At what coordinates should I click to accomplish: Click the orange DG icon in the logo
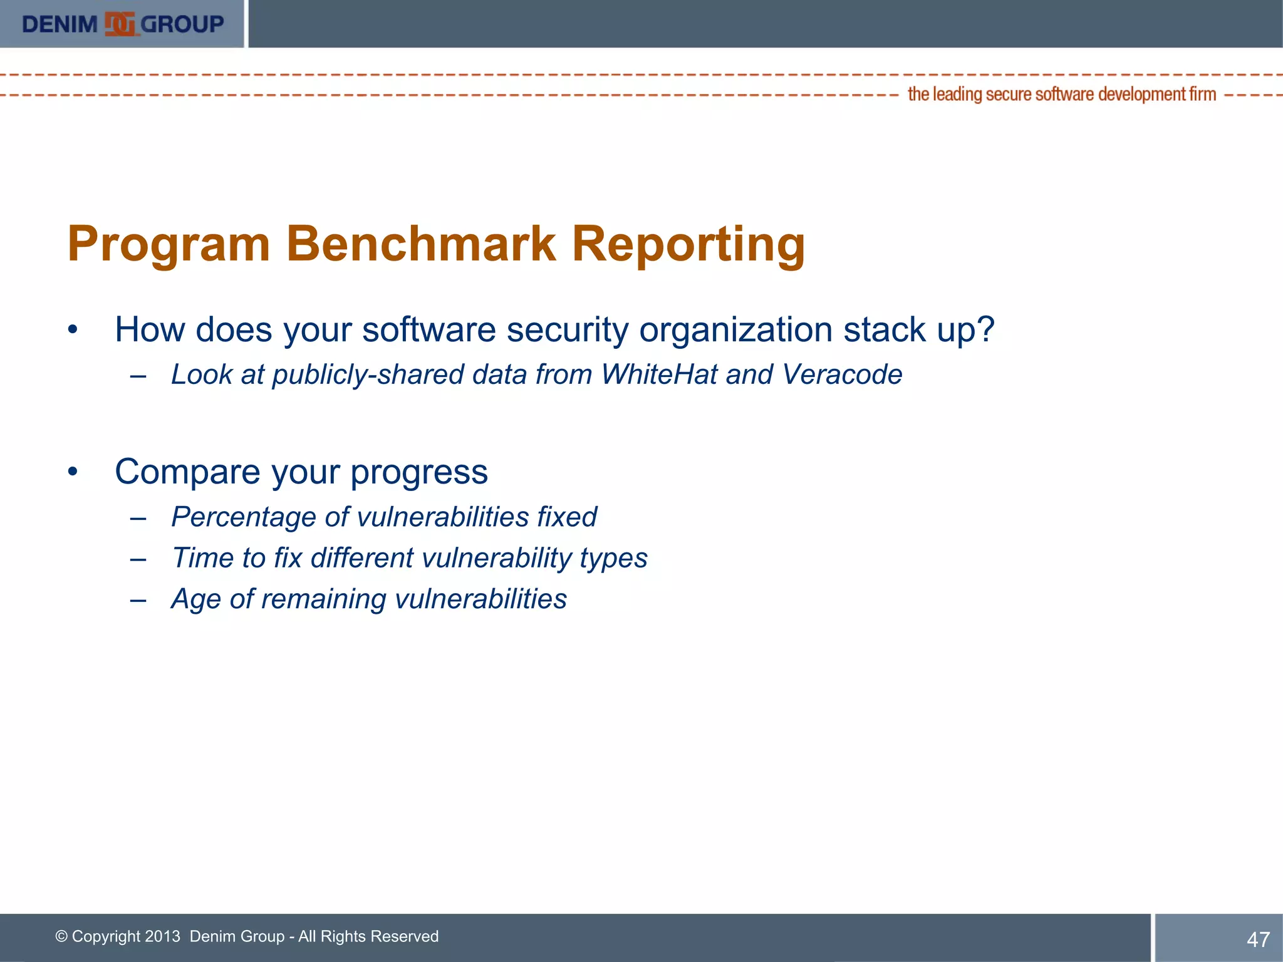(120, 24)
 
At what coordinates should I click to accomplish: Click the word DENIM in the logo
(60, 24)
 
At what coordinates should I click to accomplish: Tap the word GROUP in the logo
(182, 24)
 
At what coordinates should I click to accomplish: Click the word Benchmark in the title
(421, 244)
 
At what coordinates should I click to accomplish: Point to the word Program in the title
(169, 244)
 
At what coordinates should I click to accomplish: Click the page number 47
(1258, 939)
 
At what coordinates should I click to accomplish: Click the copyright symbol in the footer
(61, 936)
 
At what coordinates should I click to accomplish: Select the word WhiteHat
(659, 375)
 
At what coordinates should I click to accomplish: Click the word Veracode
(842, 375)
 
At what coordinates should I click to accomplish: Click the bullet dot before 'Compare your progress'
(73, 472)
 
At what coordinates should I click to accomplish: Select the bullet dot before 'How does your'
(73, 329)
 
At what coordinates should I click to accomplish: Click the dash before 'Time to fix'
(138, 559)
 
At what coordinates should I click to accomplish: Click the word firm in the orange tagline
(1202, 94)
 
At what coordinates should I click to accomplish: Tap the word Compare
(187, 472)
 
